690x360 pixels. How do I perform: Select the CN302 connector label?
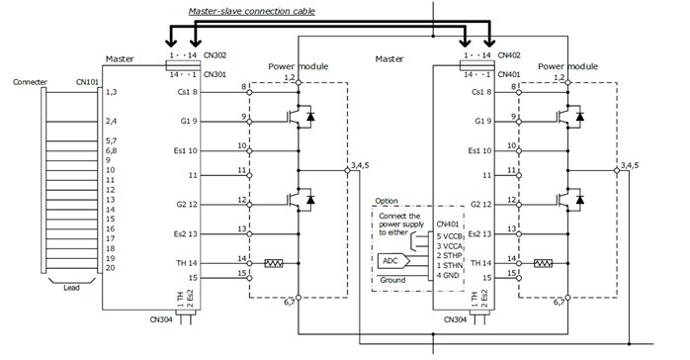[x=216, y=57]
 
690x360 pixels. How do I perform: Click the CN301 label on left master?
[x=216, y=72]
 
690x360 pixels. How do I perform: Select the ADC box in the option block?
[x=393, y=262]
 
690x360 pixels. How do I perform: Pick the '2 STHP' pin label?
[x=451, y=255]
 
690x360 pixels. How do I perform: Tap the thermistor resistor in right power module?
[x=542, y=264]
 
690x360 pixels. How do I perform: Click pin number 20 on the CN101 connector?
[x=112, y=268]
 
